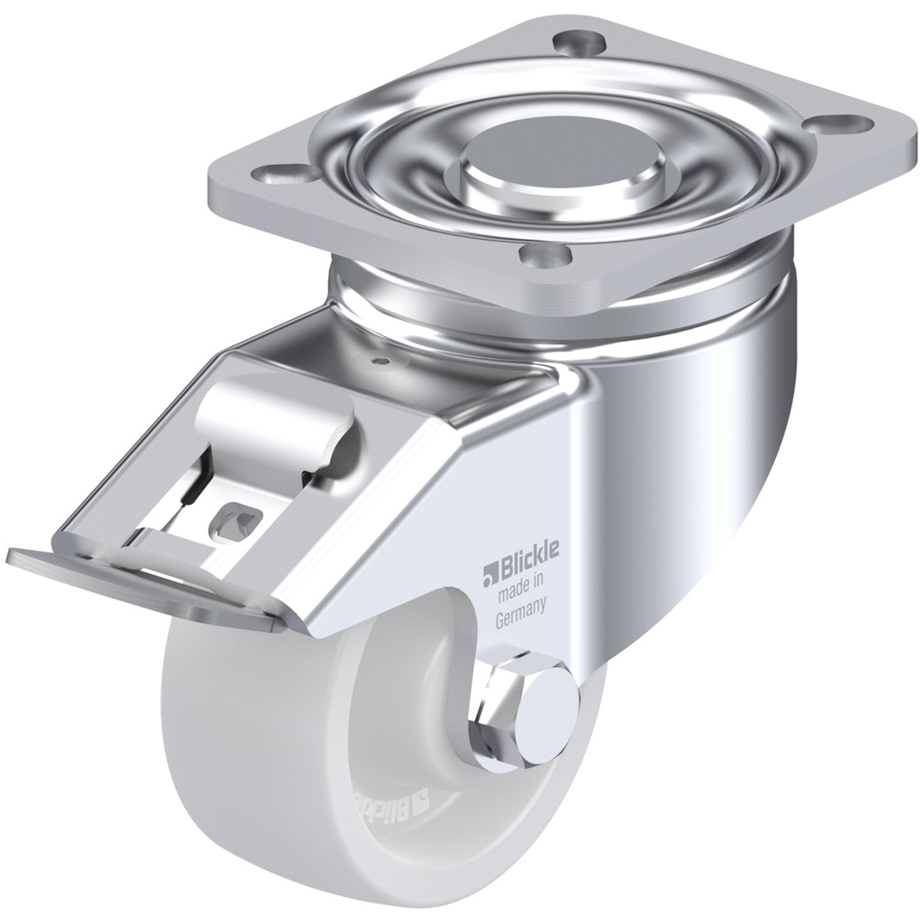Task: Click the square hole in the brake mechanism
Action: pyautogui.click(x=236, y=520)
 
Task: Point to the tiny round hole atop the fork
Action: pyautogui.click(x=383, y=361)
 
